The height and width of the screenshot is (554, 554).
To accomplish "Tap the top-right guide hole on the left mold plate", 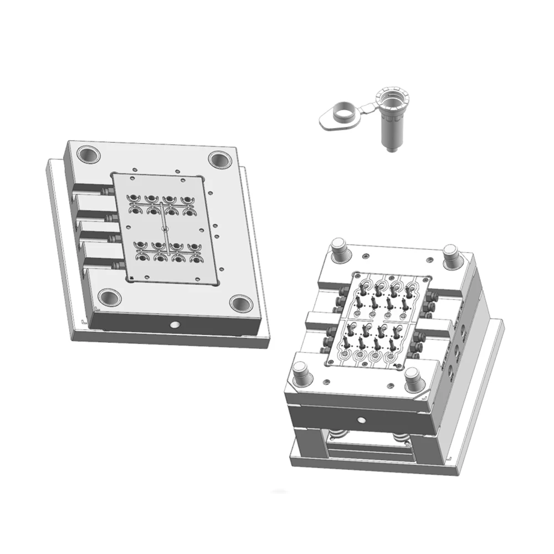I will (220, 159).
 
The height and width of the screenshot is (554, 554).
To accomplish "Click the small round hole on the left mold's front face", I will (175, 325).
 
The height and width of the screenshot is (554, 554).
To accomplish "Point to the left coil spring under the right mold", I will (340, 435).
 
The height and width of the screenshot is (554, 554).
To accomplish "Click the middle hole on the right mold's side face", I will (457, 350).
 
